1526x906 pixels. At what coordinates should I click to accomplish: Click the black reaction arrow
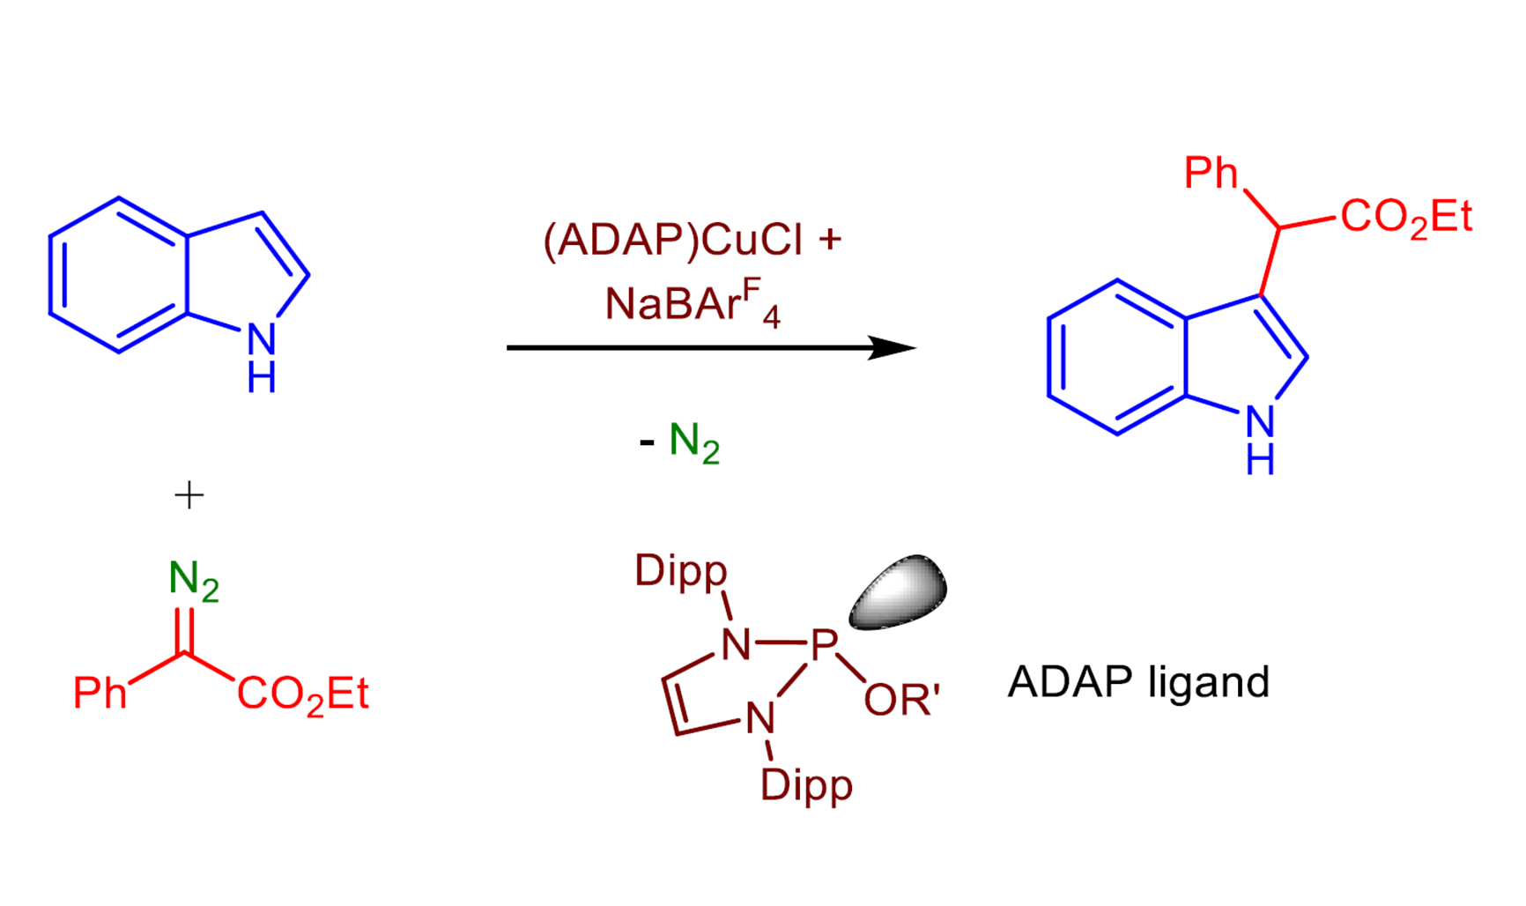pos(711,348)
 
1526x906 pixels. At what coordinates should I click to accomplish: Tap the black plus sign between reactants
pos(189,495)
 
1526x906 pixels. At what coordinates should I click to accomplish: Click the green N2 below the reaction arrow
pos(694,442)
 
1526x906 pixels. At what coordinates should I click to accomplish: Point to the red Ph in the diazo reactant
pos(100,693)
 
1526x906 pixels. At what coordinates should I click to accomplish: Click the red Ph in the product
pos(1211,173)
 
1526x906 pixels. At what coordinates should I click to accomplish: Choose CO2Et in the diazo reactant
pos(303,694)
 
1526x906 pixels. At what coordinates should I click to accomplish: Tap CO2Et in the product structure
pos(1406,217)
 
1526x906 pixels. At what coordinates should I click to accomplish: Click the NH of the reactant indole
pos(262,357)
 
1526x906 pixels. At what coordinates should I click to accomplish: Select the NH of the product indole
pos(1260,440)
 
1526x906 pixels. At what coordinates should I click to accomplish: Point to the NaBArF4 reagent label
pos(693,304)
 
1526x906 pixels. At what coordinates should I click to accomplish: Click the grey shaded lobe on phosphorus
pos(898,591)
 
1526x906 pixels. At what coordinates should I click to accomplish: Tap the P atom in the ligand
pos(824,645)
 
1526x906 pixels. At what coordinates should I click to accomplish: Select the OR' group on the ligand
pos(901,700)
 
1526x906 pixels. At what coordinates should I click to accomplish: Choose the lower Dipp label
pos(806,785)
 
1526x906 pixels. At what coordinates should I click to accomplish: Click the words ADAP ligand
pos(1138,682)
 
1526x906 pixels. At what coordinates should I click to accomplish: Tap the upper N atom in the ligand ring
pos(736,645)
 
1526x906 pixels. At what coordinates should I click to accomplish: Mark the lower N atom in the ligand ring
pos(760,718)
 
